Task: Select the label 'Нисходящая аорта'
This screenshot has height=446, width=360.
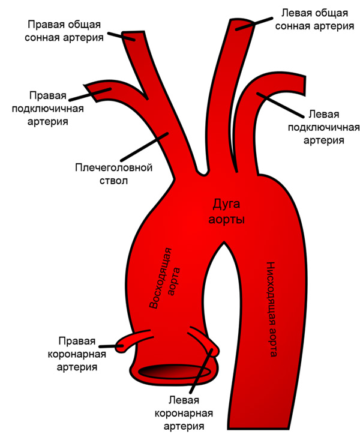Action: click(x=270, y=309)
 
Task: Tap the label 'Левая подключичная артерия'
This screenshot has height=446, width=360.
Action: click(x=323, y=127)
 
